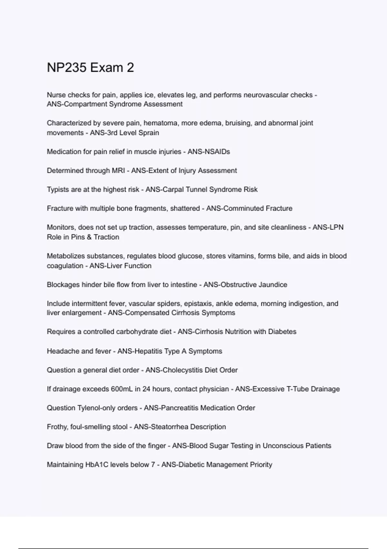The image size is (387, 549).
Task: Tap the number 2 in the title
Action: [x=130, y=67]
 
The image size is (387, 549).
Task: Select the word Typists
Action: [x=58, y=190]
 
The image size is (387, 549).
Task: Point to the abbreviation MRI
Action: [x=118, y=171]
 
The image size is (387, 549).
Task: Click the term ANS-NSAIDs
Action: [x=209, y=152]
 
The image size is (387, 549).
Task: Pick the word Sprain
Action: [x=149, y=133]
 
